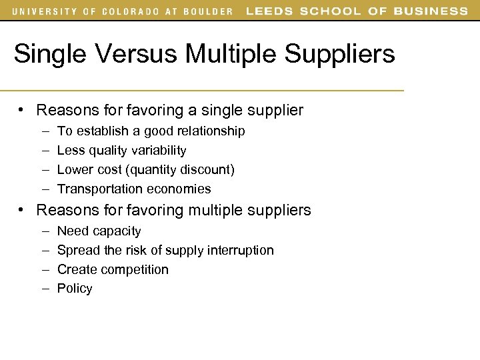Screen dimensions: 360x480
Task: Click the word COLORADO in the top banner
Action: tap(129, 11)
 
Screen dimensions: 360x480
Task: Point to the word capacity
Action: tap(117, 232)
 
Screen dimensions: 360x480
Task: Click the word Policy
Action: tap(75, 289)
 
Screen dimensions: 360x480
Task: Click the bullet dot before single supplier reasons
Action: tap(23, 110)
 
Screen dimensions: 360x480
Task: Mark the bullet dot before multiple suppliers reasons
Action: tap(23, 211)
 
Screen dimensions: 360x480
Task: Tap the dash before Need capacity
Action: tap(43, 231)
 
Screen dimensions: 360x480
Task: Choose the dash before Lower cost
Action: tap(43, 170)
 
